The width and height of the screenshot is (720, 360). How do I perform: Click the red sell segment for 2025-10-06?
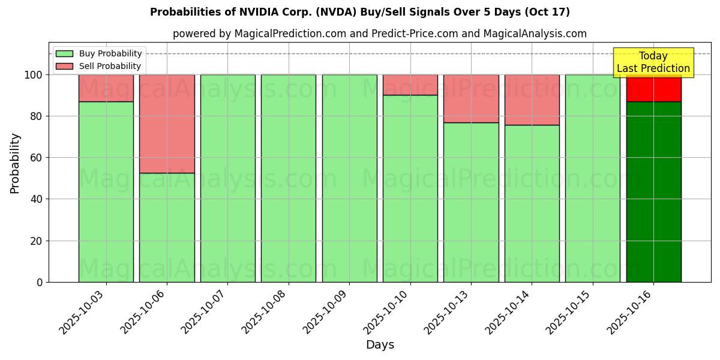[167, 124]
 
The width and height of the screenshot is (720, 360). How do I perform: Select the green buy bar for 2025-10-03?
[106, 191]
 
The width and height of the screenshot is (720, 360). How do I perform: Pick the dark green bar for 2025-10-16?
[653, 191]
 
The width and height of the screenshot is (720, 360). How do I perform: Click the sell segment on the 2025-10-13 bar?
[471, 98]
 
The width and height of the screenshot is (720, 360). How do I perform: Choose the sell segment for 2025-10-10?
[410, 85]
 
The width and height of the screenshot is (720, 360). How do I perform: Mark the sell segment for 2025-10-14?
[532, 100]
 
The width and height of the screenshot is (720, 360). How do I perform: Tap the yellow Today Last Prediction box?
[653, 62]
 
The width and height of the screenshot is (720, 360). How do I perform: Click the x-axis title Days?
[380, 345]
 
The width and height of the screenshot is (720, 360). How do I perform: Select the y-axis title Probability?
[15, 163]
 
